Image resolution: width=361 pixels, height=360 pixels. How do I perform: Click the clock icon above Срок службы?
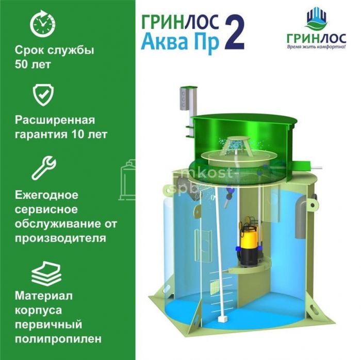[x=43, y=24]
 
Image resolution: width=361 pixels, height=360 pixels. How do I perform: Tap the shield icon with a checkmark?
[x=43, y=95]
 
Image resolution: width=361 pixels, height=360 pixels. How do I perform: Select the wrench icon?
[x=44, y=168]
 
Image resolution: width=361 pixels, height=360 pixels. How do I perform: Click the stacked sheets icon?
[x=46, y=273]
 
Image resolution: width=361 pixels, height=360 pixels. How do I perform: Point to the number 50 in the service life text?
[x=22, y=64]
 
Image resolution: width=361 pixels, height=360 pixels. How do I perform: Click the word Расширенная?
[x=55, y=120]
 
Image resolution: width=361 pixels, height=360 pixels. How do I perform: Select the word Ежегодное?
[x=46, y=195]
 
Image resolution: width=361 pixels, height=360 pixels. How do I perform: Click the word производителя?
[x=60, y=238]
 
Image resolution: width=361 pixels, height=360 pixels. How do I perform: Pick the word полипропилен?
[x=58, y=339]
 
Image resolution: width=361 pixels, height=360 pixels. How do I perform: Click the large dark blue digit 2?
[x=234, y=32]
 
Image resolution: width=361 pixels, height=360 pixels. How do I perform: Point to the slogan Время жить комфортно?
[x=316, y=47]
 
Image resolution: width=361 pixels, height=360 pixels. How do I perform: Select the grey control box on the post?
[x=184, y=98]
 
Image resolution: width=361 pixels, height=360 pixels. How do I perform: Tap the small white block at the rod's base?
[x=222, y=319]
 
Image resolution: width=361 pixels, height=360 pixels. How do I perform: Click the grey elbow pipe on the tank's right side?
[x=301, y=216]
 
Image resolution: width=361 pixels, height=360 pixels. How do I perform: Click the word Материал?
[x=44, y=296]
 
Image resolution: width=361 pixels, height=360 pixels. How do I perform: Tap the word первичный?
[x=48, y=324]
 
